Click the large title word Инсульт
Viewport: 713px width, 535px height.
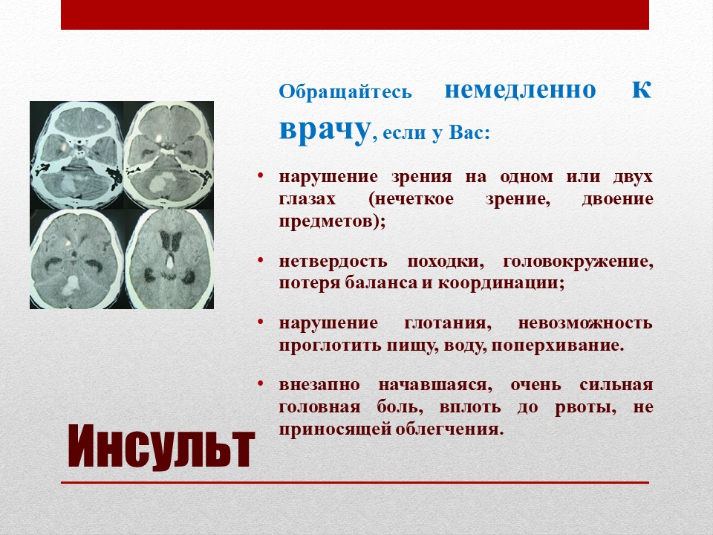(161, 447)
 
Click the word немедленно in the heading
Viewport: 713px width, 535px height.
(520, 90)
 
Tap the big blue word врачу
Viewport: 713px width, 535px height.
(325, 131)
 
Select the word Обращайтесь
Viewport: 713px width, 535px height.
(345, 92)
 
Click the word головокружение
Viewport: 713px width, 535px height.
(578, 262)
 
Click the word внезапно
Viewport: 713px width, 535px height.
(319, 385)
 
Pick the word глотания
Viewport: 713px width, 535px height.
(448, 323)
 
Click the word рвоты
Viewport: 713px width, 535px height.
(586, 408)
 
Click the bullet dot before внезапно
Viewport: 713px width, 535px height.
(261, 384)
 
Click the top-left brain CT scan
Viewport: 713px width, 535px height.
(76, 155)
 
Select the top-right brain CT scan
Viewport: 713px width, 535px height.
(169, 155)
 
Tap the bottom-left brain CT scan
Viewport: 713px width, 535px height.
(76, 259)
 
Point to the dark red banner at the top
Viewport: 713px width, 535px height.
(355, 15)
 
